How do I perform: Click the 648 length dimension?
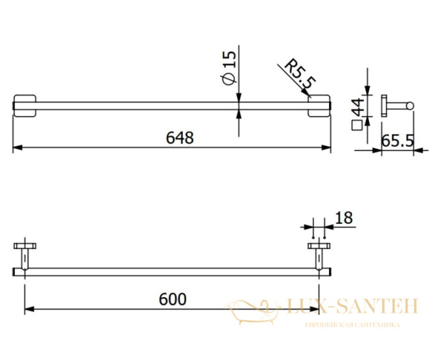pyautogui.click(x=179, y=137)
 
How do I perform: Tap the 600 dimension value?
pyautogui.click(x=172, y=299)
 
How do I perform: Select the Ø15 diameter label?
pyautogui.click(x=229, y=68)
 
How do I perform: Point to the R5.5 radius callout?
pyautogui.click(x=300, y=74)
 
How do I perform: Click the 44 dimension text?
pyautogui.click(x=358, y=107)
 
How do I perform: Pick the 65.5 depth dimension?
pyautogui.click(x=398, y=141)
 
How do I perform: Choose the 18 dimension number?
pyautogui.click(x=344, y=218)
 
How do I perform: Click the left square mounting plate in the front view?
pyautogui.click(x=24, y=106)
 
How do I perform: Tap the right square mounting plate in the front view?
pyautogui.click(x=319, y=106)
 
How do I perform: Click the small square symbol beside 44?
pyautogui.click(x=357, y=125)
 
